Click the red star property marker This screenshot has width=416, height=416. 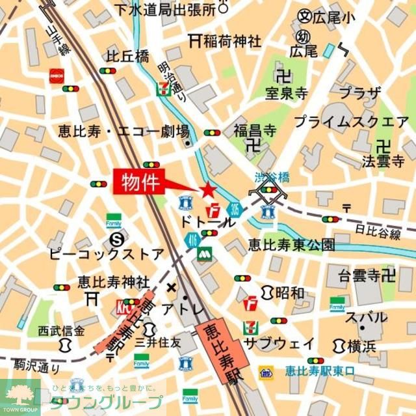[207, 190]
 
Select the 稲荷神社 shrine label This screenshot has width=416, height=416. [231, 41]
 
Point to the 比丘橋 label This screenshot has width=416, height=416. [128, 57]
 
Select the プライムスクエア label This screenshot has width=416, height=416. [351, 122]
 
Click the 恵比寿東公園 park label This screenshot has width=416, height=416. [291, 245]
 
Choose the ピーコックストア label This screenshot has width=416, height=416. [107, 253]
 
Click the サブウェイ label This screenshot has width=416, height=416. [279, 343]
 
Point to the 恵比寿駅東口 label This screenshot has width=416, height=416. [320, 372]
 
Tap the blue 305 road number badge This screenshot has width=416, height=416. [234, 210]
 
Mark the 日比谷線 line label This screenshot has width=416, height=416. [378, 232]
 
